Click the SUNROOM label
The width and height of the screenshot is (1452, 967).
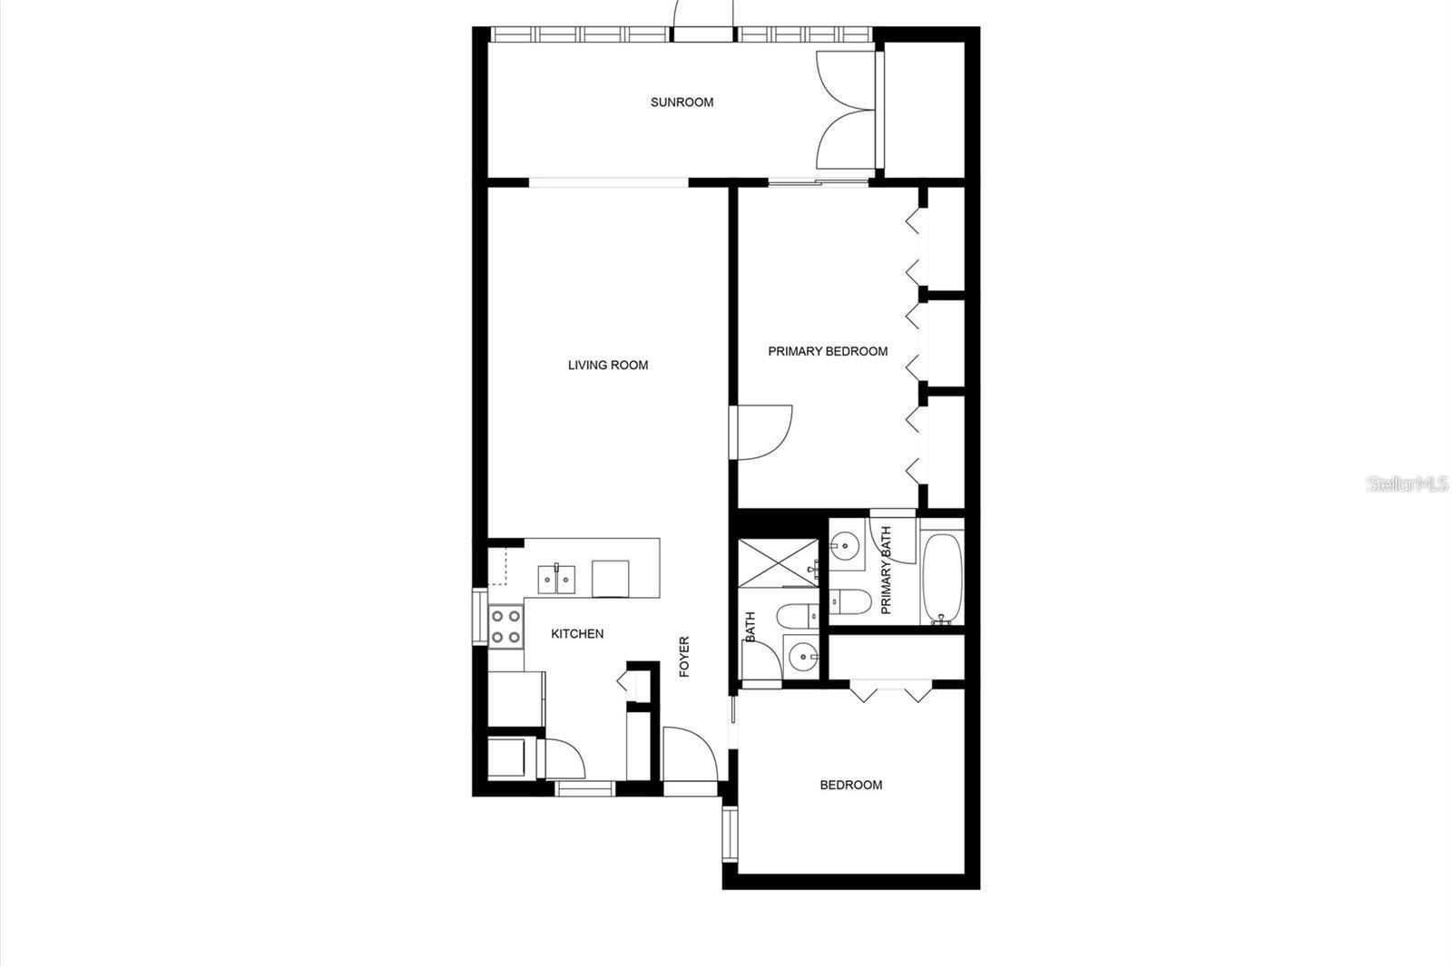click(682, 103)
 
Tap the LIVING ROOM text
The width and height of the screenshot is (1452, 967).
click(607, 366)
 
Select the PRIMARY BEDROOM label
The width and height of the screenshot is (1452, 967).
click(828, 351)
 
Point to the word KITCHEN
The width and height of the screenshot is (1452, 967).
click(577, 634)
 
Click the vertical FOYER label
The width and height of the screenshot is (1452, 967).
click(684, 657)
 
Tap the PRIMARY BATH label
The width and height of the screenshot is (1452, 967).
click(886, 571)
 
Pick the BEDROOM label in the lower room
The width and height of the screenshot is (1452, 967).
click(850, 785)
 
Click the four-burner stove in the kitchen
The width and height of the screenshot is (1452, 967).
click(505, 626)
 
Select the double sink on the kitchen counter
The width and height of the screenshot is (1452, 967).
click(556, 578)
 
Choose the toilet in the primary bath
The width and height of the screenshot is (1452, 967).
click(850, 601)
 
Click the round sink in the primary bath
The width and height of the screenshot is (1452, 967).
click(846, 545)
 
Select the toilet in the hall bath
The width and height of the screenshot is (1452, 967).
click(798, 616)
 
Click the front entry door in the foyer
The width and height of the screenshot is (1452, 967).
click(689, 755)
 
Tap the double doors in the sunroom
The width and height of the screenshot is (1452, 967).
click(847, 110)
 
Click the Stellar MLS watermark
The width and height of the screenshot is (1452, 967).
click(1408, 483)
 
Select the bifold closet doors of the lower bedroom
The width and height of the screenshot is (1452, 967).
click(892, 691)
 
